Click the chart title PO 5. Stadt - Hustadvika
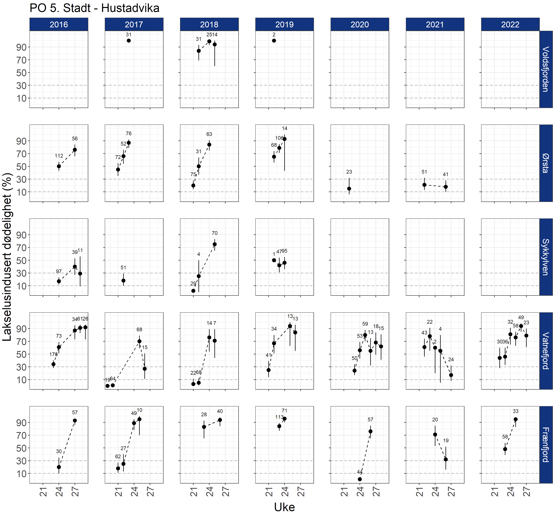click(x=94, y=8)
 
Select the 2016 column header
click(x=59, y=24)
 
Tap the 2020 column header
click(x=360, y=24)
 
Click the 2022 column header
click(x=510, y=24)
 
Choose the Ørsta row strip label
click(x=546, y=163)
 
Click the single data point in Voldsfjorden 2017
click(x=129, y=40)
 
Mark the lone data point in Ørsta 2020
click(x=349, y=189)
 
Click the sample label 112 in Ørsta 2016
click(x=59, y=156)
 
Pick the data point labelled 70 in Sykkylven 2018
click(x=215, y=244)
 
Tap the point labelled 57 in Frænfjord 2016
click(x=75, y=421)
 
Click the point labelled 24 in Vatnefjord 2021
click(x=451, y=375)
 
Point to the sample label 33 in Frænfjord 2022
click(x=516, y=411)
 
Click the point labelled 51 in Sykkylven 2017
click(x=123, y=281)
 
